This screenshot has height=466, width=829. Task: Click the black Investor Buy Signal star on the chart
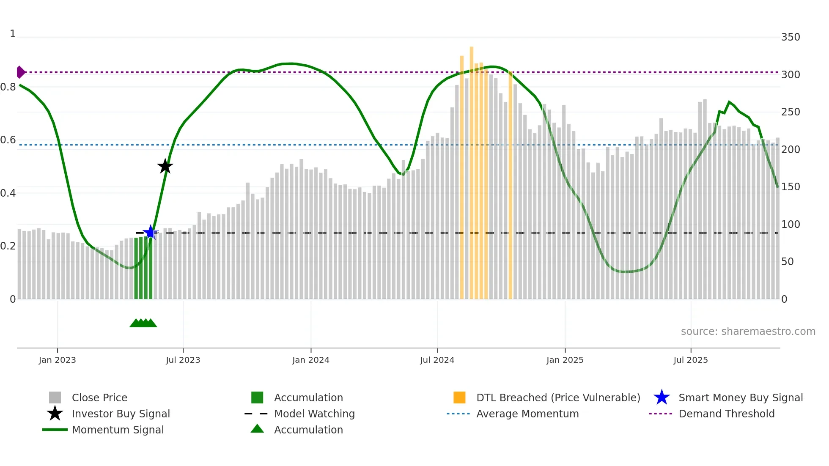point(165,166)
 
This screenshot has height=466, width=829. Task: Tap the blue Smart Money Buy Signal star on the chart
point(151,232)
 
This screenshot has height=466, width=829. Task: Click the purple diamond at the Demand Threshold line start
point(20,72)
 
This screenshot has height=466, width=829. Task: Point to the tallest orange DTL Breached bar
point(472,169)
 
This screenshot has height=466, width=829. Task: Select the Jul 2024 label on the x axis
point(437,360)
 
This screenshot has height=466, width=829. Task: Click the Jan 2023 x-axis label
point(57,360)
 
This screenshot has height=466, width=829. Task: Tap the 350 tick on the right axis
point(790,37)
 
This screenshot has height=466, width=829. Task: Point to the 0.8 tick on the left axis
point(8,87)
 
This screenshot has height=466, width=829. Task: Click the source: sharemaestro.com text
point(748,331)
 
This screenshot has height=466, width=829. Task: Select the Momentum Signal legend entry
point(118,430)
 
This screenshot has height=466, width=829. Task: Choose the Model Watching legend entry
point(314,414)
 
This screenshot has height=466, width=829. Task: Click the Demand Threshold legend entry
point(726,414)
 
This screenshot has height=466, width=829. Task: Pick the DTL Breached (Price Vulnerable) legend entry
point(558,397)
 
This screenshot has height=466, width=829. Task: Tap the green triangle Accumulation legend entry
point(308,430)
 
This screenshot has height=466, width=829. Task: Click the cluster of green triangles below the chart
point(143,323)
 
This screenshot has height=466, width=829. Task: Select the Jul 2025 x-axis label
point(690,360)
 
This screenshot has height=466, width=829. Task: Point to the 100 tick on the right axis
point(790,224)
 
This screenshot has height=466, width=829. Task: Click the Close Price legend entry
point(99,397)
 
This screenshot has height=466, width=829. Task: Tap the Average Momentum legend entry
point(527,414)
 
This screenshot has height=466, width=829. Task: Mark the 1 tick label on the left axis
point(13,34)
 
